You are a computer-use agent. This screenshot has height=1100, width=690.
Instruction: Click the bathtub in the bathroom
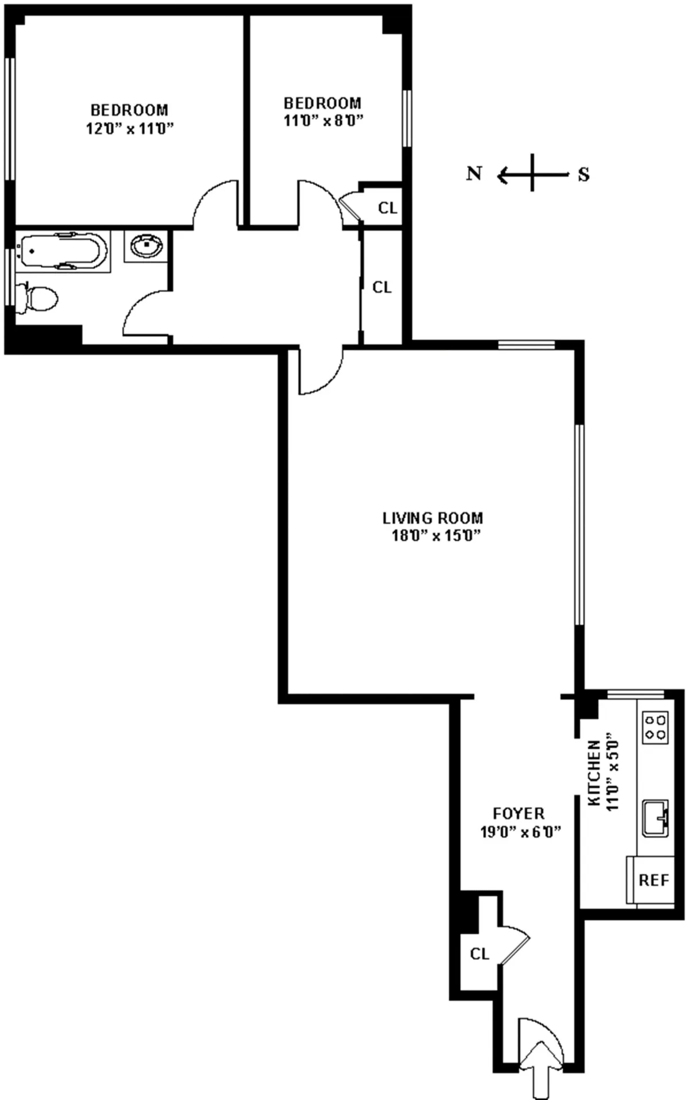click(x=62, y=251)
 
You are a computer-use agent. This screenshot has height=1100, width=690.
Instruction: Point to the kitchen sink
click(x=655, y=817)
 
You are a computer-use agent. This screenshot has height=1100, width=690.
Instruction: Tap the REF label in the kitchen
click(x=654, y=880)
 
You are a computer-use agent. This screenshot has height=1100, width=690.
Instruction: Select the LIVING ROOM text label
click(x=432, y=518)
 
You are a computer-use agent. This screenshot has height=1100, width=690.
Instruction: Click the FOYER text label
click(x=519, y=813)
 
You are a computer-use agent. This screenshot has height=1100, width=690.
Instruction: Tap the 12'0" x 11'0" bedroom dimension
click(x=129, y=129)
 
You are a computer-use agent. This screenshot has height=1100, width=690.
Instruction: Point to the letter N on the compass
click(x=474, y=174)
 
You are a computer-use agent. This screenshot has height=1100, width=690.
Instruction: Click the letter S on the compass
click(x=584, y=174)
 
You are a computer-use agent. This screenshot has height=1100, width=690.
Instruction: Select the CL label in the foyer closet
click(x=480, y=954)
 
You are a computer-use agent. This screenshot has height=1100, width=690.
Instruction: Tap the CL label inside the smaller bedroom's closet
click(x=388, y=207)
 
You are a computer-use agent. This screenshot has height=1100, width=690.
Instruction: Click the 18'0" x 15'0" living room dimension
click(x=435, y=536)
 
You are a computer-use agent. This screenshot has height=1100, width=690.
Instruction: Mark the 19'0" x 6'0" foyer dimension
click(x=520, y=832)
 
